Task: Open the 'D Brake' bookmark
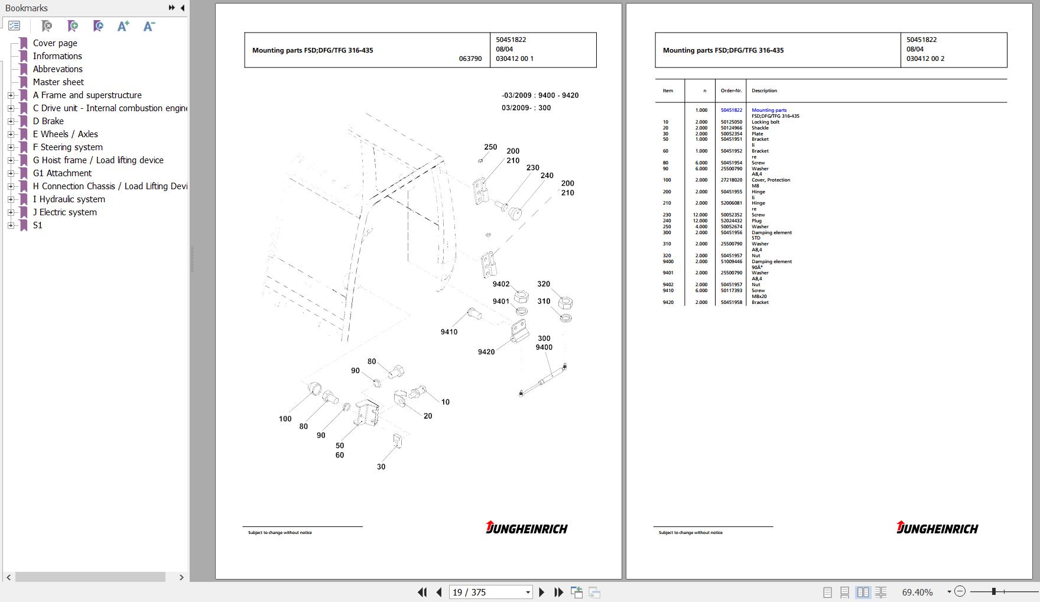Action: pyautogui.click(x=48, y=121)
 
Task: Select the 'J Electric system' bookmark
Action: pyautogui.click(x=64, y=212)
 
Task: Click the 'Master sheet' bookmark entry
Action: pyautogui.click(x=58, y=82)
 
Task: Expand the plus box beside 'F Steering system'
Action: pyautogui.click(x=11, y=147)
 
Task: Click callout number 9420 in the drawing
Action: pyautogui.click(x=486, y=352)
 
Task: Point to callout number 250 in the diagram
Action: pyautogui.click(x=490, y=147)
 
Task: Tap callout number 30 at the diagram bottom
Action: pyautogui.click(x=381, y=467)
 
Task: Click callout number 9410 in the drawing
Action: pyautogui.click(x=449, y=332)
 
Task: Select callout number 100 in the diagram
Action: pyautogui.click(x=285, y=419)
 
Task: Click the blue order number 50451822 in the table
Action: pyautogui.click(x=731, y=110)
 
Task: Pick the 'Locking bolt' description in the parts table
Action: pyautogui.click(x=765, y=122)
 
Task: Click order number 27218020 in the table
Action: pyautogui.click(x=731, y=180)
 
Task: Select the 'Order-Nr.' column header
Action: pyautogui.click(x=731, y=91)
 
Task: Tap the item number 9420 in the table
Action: pyautogui.click(x=668, y=302)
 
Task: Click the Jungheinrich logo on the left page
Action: pyautogui.click(x=526, y=527)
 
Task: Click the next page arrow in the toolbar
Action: pyautogui.click(x=541, y=592)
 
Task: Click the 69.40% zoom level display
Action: pyautogui.click(x=917, y=592)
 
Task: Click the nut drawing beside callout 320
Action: pyautogui.click(x=565, y=303)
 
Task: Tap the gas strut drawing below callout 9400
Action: pyautogui.click(x=542, y=381)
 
